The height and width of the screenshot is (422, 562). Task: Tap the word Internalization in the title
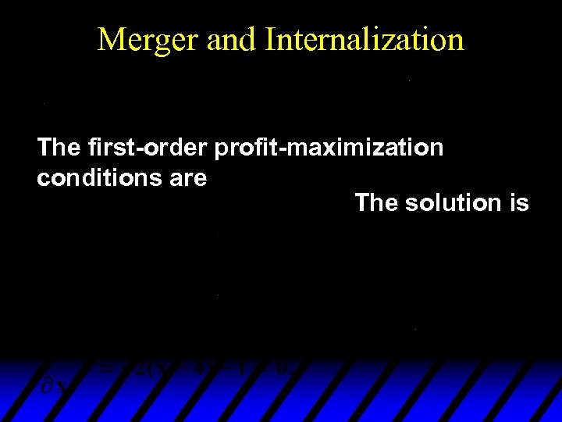[365, 39]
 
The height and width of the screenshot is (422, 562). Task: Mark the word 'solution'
[448, 203]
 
